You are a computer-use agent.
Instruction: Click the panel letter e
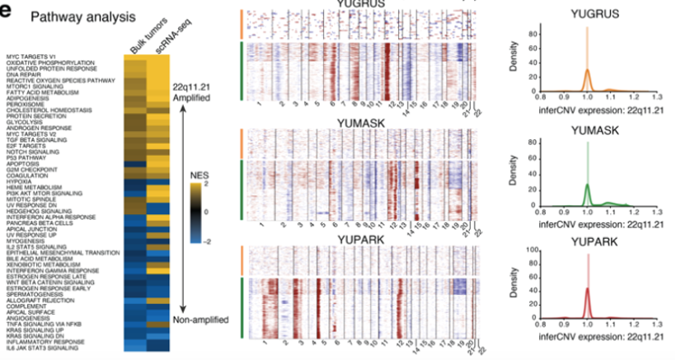[x=7, y=10]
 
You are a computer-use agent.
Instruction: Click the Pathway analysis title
[x=62, y=16]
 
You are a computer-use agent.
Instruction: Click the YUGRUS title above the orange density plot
[x=586, y=16]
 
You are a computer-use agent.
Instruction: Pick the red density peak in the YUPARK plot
[x=586, y=292]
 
